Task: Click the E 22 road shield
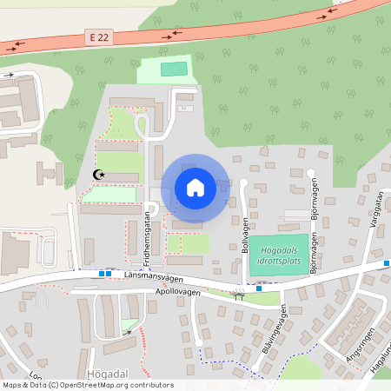click(99, 36)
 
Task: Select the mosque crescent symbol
click(99, 175)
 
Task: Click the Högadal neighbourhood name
click(109, 372)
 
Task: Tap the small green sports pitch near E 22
click(175, 69)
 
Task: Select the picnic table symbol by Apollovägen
click(238, 295)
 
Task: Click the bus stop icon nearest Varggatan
click(387, 262)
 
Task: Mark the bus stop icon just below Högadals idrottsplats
click(258, 288)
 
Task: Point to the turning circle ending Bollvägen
click(243, 182)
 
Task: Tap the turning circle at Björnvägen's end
click(310, 173)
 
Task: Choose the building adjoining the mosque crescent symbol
click(118, 177)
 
